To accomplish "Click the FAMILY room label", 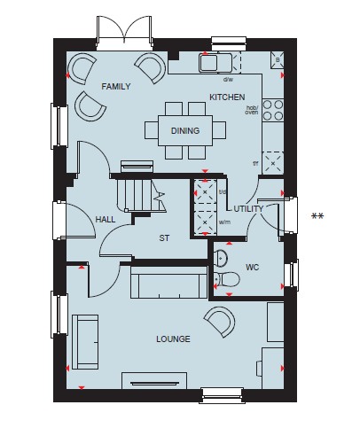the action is [x=116, y=87].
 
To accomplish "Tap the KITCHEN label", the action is [x=227, y=97].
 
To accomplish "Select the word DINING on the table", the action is [x=185, y=130].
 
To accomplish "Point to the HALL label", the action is [x=106, y=220].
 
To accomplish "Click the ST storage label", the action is [x=164, y=238].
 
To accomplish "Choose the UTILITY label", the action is [x=248, y=209].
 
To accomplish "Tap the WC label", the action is [x=253, y=268].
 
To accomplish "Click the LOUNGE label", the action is [x=173, y=339].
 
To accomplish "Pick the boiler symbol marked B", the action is [x=278, y=60].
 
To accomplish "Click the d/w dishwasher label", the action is [x=228, y=79].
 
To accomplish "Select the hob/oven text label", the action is [x=252, y=110].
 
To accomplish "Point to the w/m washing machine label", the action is [x=224, y=222].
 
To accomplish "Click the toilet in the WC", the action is [x=227, y=279].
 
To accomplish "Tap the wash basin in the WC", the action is [x=220, y=257].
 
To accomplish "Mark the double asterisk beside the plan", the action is [x=317, y=216].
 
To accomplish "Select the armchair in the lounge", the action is [x=220, y=322].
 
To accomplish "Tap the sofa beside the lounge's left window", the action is [x=85, y=342].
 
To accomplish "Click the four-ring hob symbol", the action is [x=273, y=110].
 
